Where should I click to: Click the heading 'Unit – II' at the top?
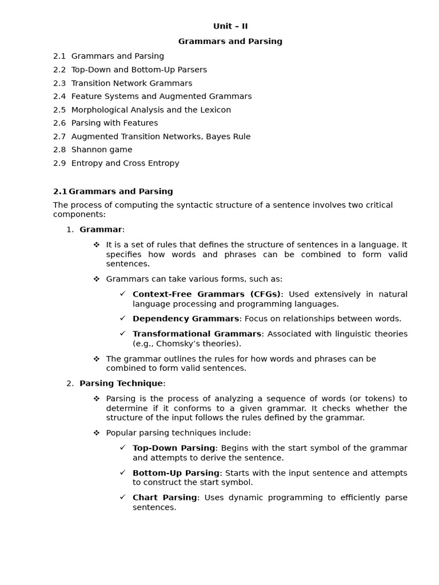[230, 26]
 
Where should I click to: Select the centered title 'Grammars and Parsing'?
[230, 42]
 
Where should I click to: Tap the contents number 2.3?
[59, 83]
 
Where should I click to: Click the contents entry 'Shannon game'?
[102, 150]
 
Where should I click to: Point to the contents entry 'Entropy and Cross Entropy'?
[125, 163]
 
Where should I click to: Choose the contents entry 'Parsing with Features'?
[114, 123]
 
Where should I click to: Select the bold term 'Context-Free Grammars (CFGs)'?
[207, 294]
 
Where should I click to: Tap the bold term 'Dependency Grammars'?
[186, 319]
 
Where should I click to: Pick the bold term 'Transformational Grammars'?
[197, 334]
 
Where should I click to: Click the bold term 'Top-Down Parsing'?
[174, 448]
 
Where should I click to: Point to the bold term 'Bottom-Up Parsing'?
[176, 473]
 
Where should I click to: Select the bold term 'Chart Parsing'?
[165, 498]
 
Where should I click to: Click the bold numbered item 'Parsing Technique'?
[121, 383]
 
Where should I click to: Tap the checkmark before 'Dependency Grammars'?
[122, 318]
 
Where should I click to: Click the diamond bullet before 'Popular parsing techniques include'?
[97, 432]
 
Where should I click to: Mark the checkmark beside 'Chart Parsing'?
[122, 497]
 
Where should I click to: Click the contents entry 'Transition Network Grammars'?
[131, 83]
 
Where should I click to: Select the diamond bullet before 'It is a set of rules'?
[97, 245]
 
